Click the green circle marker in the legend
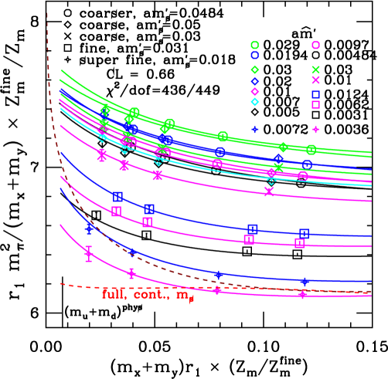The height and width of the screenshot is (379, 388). coord(254,46)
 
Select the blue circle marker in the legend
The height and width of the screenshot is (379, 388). coord(254,56)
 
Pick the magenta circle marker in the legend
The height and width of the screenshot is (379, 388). coord(315,46)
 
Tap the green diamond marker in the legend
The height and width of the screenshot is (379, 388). coord(254,70)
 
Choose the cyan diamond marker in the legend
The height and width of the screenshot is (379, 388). coord(254,101)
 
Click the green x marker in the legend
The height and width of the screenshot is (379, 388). coord(315,69)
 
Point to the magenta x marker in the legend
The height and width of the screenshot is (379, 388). coord(315,80)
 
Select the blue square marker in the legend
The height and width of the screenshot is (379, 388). coord(315,94)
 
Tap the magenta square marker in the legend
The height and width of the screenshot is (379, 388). coord(315,104)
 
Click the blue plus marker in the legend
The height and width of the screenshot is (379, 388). coord(254,130)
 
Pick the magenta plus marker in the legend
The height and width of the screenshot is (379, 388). coord(315,130)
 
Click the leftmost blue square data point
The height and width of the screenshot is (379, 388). coord(117,197)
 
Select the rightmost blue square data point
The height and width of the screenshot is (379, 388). coord(304,233)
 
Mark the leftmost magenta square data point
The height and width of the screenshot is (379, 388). coord(116,211)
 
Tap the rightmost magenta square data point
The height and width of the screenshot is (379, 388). coord(299,243)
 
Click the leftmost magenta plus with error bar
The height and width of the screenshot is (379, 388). coord(88,253)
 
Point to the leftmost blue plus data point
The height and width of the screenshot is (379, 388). coord(89,228)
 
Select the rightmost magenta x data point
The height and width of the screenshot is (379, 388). coord(269,191)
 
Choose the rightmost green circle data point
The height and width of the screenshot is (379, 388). coord(311,150)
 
